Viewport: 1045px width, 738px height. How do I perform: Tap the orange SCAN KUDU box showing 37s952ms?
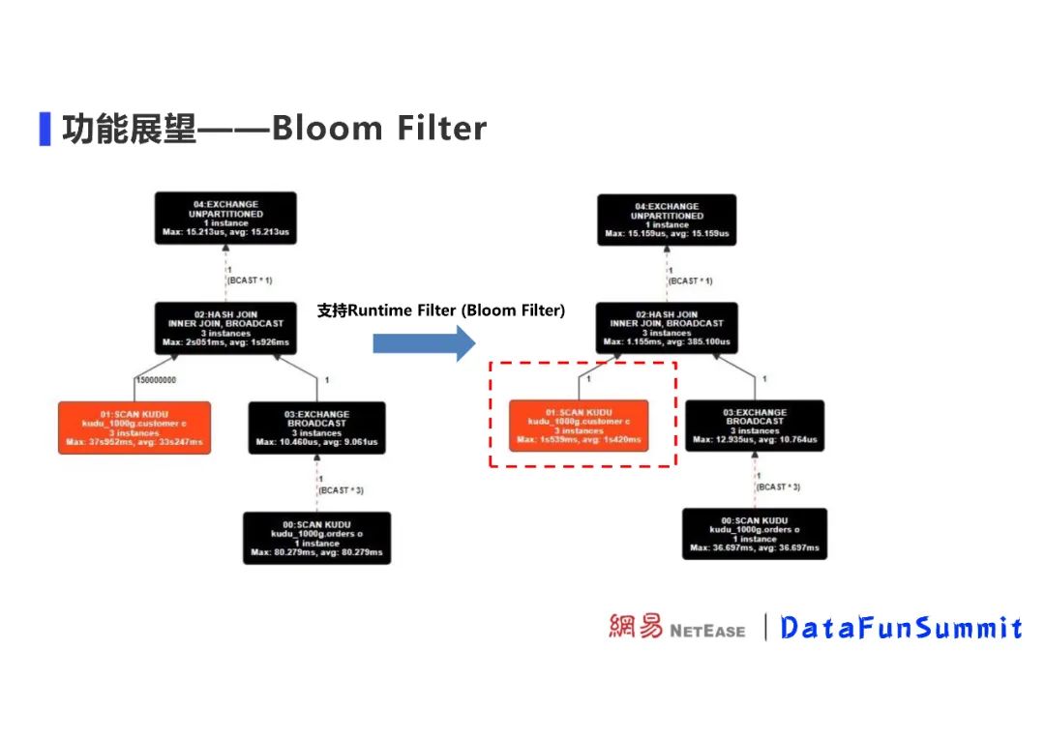[x=134, y=428]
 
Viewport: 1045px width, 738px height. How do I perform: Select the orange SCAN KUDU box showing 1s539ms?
[x=579, y=426]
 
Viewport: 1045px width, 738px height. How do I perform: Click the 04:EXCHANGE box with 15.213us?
[x=226, y=218]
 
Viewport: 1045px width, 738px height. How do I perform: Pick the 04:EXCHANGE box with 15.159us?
[x=667, y=220]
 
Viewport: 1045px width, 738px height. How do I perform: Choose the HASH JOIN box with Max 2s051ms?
[x=225, y=329]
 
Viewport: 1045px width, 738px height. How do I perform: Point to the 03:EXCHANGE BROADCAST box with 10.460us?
[x=316, y=428]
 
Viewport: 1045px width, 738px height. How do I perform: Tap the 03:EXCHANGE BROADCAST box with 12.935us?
[x=756, y=427]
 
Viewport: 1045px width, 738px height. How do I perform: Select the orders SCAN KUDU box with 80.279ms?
[x=316, y=538]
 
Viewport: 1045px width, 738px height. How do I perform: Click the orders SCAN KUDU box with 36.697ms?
[x=755, y=534]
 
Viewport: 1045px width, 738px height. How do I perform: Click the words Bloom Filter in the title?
[x=379, y=128]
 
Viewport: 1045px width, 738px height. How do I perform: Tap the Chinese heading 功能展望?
[x=130, y=128]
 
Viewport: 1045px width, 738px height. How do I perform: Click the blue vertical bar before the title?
[x=45, y=128]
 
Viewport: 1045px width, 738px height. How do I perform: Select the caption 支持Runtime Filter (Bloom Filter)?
[x=441, y=310]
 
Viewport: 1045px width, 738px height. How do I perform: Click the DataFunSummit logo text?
[x=901, y=628]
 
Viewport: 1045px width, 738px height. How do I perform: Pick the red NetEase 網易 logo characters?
[x=636, y=627]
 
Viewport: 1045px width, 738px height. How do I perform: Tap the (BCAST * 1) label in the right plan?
[x=691, y=280]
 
